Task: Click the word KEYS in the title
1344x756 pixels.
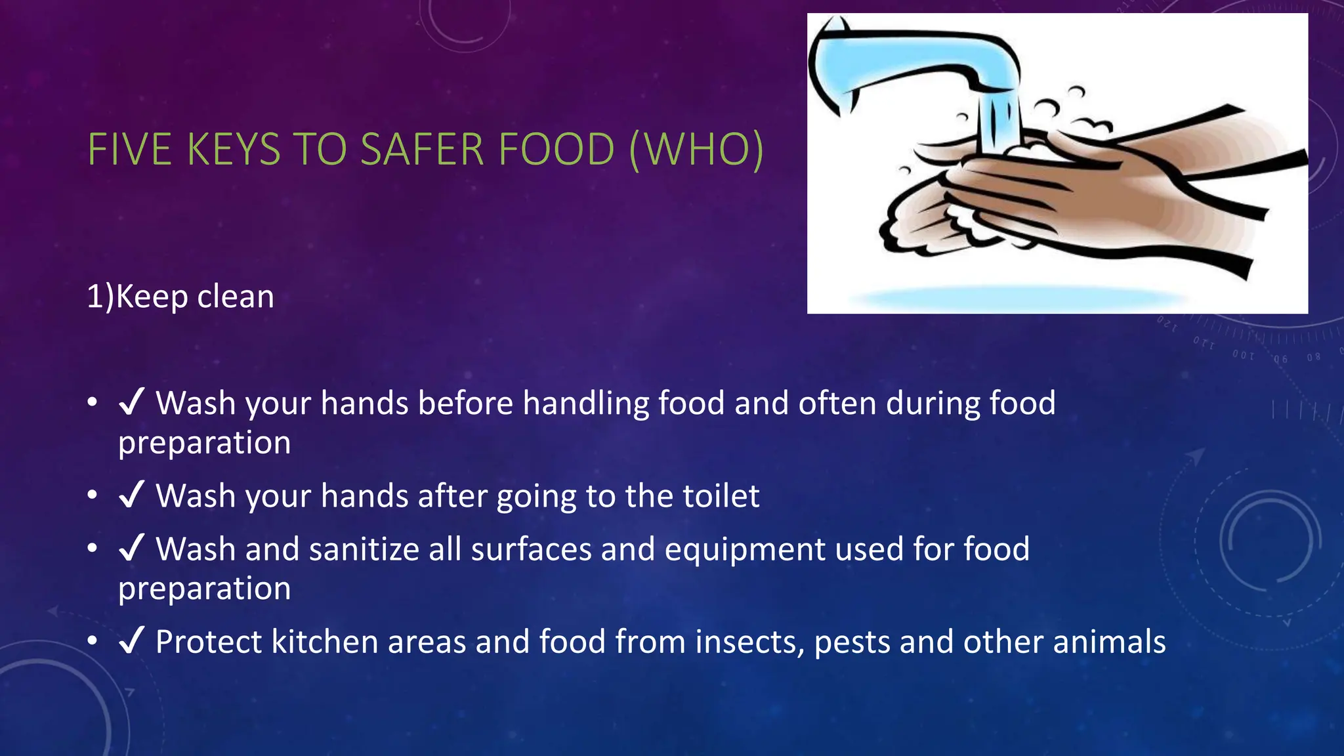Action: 234,150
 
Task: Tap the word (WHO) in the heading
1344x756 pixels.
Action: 696,150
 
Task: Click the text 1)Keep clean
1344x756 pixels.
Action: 180,297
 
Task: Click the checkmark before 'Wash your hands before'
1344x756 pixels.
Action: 131,402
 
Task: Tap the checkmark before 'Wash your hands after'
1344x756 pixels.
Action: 131,495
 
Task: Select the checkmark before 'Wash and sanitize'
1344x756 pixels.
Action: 131,549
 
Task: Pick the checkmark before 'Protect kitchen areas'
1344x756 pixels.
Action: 131,641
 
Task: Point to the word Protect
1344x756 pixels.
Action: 208,641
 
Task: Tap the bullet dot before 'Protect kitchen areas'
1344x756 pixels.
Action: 93,640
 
